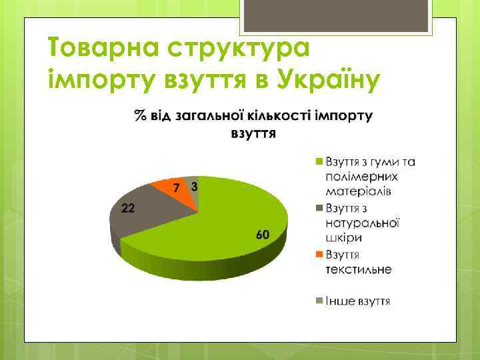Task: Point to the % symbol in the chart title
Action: pos(139,116)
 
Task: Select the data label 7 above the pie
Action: pos(176,189)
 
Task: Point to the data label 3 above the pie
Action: pos(193,187)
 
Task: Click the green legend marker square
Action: pos(319,162)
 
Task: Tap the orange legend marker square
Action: pos(319,255)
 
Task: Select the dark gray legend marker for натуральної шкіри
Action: pos(319,208)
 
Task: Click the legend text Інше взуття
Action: pos(358,301)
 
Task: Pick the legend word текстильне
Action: pos(359,269)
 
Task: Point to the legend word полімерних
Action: pos(361,177)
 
